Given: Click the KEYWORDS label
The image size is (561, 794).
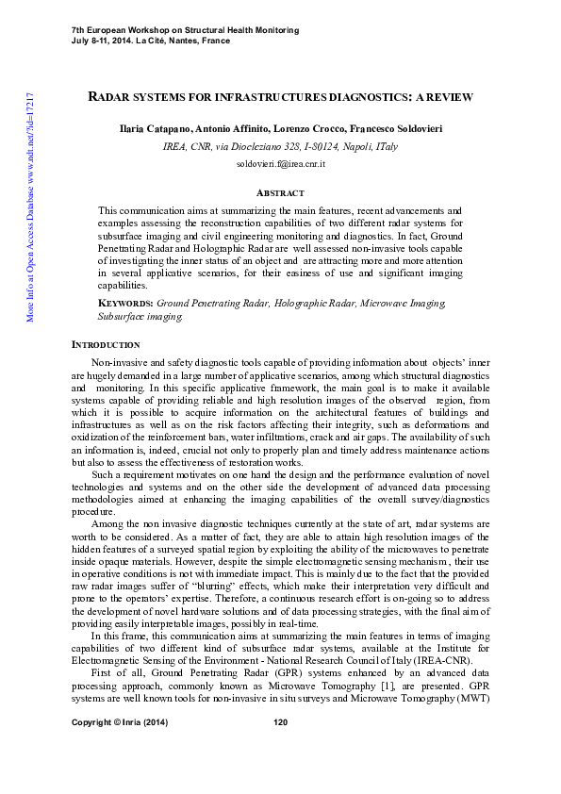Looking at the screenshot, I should coord(126,304).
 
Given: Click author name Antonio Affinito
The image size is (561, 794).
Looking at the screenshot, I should coord(232,127).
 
